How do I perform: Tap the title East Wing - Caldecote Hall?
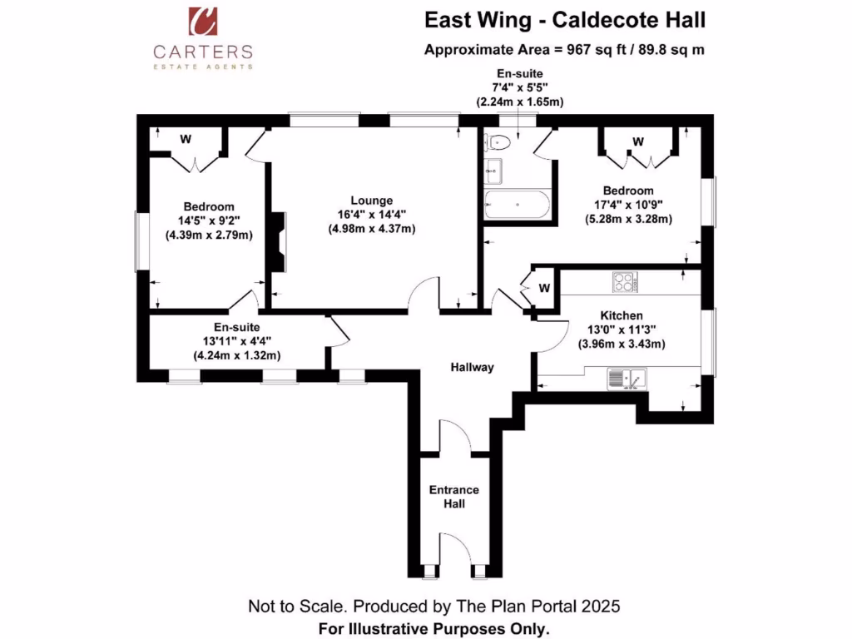[x=570, y=20]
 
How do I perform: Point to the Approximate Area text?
[x=564, y=49]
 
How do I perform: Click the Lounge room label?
[x=371, y=201]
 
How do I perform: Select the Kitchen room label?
[x=622, y=316]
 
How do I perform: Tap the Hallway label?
[x=473, y=367]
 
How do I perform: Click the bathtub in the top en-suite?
[x=517, y=203]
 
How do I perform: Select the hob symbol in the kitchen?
[x=624, y=282]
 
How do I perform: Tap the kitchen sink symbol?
[x=627, y=380]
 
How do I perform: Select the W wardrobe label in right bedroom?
[x=638, y=142]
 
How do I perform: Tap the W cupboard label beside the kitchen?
[x=543, y=288]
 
